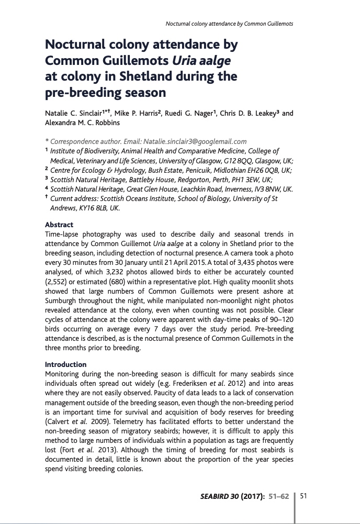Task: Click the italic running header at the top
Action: (229, 24)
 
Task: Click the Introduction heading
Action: (66, 364)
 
